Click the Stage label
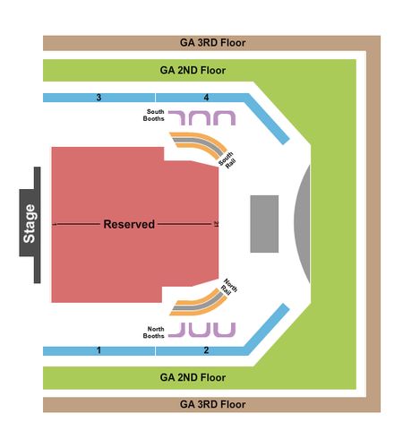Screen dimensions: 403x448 tap(30, 223)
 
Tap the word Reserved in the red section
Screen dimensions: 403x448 tap(129, 224)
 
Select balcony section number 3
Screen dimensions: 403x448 tap(99, 98)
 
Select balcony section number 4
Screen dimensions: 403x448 tap(206, 98)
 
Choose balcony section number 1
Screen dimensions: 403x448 tap(99, 350)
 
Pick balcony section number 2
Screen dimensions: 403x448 tap(206, 350)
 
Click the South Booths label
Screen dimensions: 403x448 tap(154, 115)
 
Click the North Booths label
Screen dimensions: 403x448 tap(154, 332)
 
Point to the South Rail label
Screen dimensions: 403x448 tap(227, 160)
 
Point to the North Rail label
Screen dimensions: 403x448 tap(229, 288)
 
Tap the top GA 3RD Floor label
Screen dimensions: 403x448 tap(212, 43)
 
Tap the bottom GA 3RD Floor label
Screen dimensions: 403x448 tap(212, 404)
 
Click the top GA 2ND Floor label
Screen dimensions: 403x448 tap(193, 71)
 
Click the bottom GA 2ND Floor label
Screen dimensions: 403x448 tap(193, 377)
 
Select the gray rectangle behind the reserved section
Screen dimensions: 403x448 tap(264, 224)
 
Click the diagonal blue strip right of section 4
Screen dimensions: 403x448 tap(267, 119)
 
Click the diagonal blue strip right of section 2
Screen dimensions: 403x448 tap(267, 329)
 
